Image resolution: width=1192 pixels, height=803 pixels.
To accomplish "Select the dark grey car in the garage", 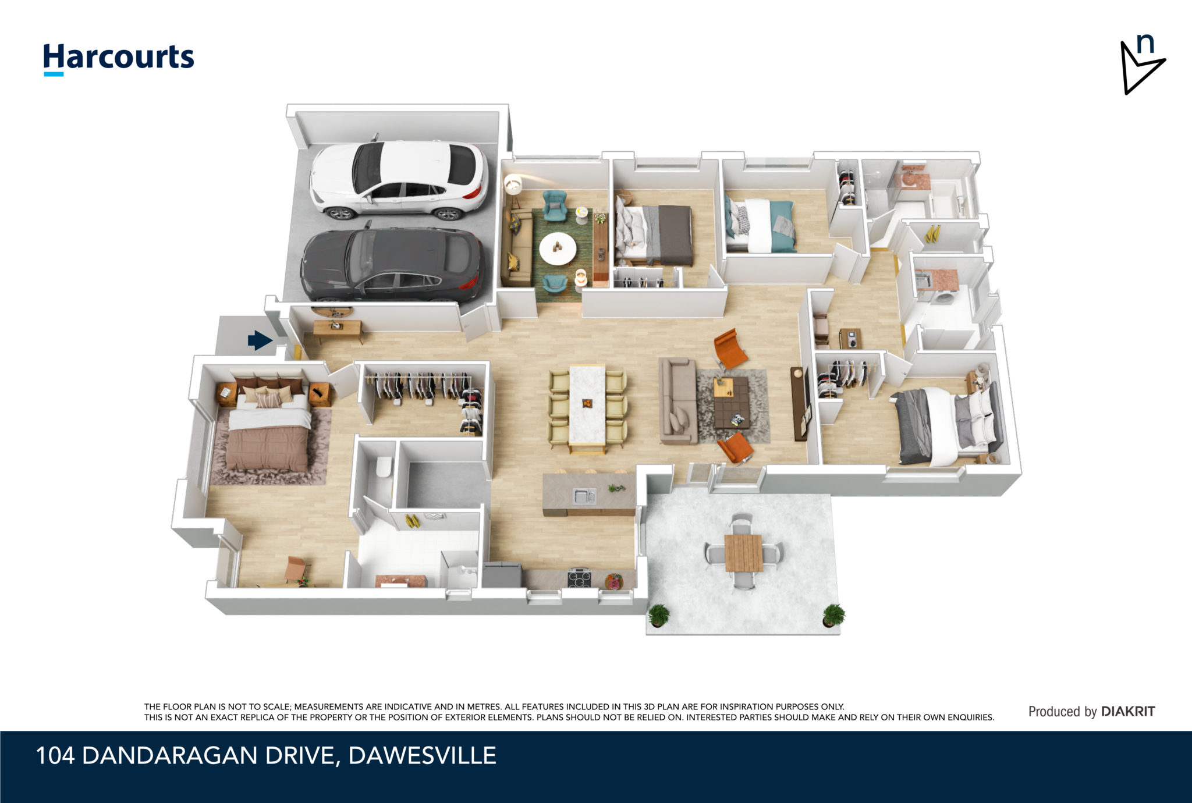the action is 392,265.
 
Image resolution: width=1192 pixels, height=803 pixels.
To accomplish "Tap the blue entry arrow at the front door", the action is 260,340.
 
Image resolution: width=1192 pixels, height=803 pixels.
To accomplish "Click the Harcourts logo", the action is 119,58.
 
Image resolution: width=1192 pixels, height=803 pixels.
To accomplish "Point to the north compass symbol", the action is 1143,64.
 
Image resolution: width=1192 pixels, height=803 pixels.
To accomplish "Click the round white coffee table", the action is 558,248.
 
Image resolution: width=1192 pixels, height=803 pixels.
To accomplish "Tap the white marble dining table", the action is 587,407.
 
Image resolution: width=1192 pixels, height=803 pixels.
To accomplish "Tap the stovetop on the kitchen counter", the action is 579,578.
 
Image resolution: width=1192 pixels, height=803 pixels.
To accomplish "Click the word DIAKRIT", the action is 1128,711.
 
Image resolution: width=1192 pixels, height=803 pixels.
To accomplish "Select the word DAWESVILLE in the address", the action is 422,755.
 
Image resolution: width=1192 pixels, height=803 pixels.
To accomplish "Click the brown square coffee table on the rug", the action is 731,402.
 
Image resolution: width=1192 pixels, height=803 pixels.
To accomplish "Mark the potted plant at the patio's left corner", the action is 658,616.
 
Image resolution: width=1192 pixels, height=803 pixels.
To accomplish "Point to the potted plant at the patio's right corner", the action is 833,615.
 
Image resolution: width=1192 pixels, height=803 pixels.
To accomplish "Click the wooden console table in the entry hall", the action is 338,329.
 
